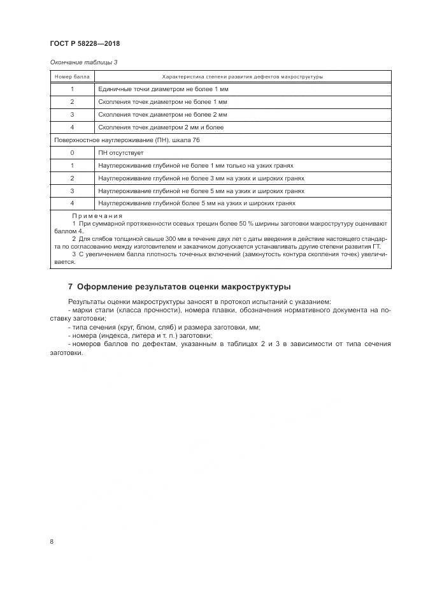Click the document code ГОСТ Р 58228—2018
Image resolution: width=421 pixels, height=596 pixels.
point(84,44)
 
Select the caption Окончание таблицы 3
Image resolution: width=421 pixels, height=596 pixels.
point(83,62)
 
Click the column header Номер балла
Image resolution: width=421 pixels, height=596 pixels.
point(72,76)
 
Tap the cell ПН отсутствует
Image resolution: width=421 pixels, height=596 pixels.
point(120,153)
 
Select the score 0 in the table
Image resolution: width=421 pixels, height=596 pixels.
point(72,153)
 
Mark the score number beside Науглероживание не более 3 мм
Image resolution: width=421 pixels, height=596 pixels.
point(72,178)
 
